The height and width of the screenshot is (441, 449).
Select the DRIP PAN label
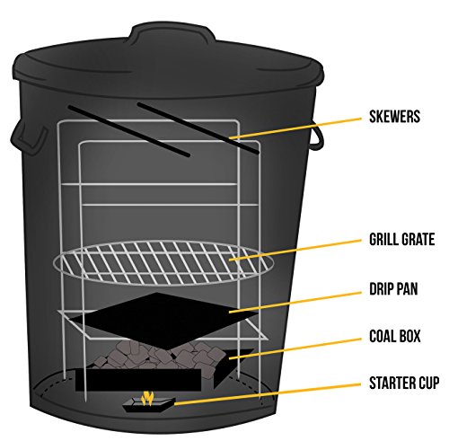(x=392, y=290)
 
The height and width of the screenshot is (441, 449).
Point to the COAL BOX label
(x=393, y=338)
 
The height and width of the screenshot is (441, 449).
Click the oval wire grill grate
(x=162, y=260)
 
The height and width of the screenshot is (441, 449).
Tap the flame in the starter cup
(x=150, y=397)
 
